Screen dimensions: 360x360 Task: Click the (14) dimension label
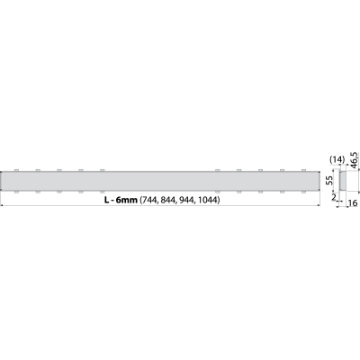click(x=337, y=160)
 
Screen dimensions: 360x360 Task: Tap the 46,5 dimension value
click(x=355, y=160)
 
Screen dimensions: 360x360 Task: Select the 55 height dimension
click(x=328, y=181)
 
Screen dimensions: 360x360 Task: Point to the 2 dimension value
click(x=334, y=197)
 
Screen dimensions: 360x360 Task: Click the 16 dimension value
click(x=353, y=203)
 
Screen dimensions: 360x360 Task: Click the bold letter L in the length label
click(x=106, y=200)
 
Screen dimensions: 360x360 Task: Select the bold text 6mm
click(x=126, y=200)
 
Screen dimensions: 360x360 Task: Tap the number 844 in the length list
click(x=167, y=200)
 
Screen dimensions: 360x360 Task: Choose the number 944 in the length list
click(x=185, y=200)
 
